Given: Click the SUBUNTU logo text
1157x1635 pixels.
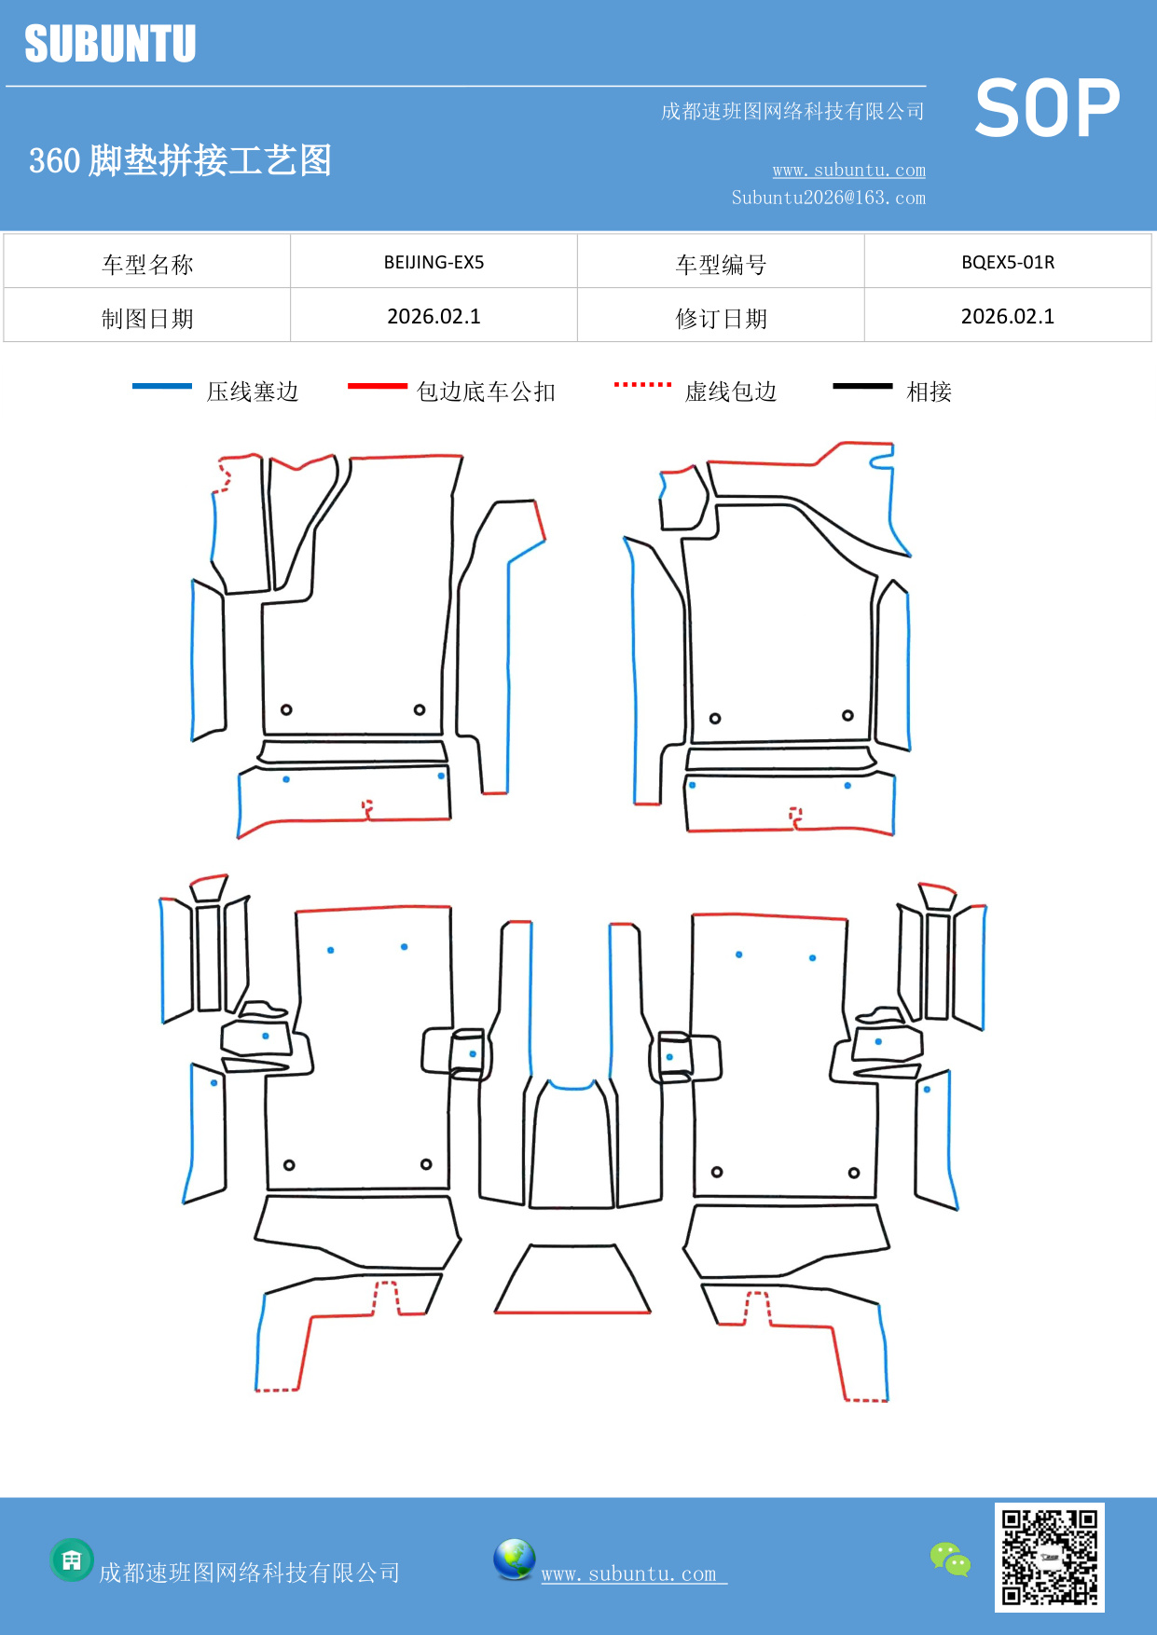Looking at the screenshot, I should point(110,44).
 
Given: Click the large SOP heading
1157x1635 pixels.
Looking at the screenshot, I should point(1047,108).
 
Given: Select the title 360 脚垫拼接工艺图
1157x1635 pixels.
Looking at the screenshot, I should point(180,160).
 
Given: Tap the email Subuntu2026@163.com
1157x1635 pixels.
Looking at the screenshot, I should point(828,198).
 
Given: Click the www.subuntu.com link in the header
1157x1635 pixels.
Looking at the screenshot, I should point(848,170).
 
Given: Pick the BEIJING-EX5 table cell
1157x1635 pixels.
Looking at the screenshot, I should point(434,262).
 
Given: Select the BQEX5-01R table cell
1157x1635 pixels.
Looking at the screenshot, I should point(1007,262).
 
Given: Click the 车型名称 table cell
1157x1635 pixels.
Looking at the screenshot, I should point(147,264).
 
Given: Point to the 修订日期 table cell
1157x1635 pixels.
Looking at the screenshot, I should point(721,318).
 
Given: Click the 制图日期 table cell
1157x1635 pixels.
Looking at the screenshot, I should point(147,318).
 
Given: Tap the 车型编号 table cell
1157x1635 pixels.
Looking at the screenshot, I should point(721,264).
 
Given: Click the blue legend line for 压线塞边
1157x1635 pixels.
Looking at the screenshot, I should point(162,386).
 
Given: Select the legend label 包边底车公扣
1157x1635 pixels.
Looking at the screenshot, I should point(486,392).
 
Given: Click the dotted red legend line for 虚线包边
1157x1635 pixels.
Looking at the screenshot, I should point(642,384).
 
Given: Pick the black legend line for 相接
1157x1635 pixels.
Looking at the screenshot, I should point(862,386).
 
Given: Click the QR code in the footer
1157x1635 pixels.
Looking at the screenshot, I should point(1049,1557).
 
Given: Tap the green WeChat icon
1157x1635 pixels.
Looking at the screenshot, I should point(950,1559).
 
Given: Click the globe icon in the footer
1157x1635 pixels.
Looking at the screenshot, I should point(514,1559).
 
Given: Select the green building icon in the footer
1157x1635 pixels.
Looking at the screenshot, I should point(72,1559).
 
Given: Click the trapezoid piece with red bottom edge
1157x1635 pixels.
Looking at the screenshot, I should point(572,1282).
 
